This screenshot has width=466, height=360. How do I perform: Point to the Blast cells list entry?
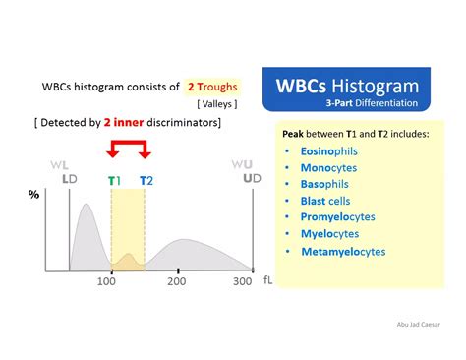click(x=325, y=201)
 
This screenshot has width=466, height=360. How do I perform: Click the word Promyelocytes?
click(x=337, y=217)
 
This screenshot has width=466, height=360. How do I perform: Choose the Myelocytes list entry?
click(x=329, y=234)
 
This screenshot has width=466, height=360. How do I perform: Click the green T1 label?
click(x=114, y=180)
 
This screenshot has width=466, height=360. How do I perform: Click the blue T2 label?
click(x=146, y=180)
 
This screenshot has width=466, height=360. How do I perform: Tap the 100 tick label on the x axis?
click(x=107, y=282)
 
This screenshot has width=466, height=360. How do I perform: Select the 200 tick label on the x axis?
click(x=177, y=282)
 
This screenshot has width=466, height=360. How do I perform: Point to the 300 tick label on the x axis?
click(x=242, y=282)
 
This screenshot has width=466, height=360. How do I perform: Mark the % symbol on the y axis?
click(x=33, y=195)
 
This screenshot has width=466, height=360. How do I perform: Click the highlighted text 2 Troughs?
click(x=212, y=88)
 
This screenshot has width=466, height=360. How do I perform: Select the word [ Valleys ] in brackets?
click(x=216, y=103)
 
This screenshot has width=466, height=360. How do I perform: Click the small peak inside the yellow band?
click(x=128, y=259)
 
